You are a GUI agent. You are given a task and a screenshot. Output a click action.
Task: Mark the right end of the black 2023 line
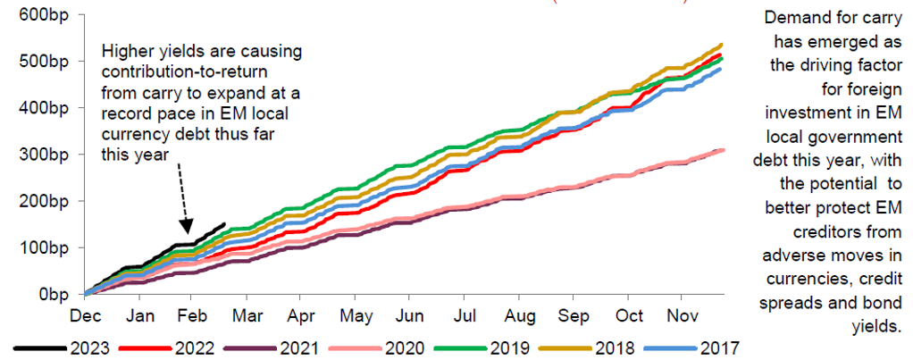[x=223, y=225]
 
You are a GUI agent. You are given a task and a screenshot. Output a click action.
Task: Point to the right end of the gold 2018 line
[x=721, y=44]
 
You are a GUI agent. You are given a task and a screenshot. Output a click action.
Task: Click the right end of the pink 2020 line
[x=722, y=150]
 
